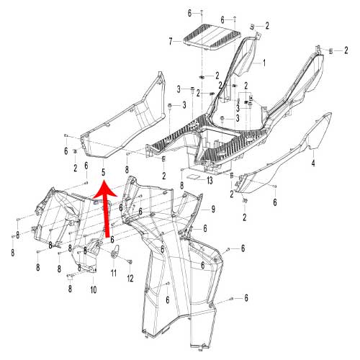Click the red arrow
coord(106,212)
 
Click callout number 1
coord(264,63)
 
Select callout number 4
coord(312,164)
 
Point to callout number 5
coord(103,172)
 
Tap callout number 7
coord(171,42)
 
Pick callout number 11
coord(113,273)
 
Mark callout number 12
coord(131,278)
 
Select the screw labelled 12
coord(130,261)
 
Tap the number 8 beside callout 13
coord(182,186)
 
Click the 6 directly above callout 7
coord(190,14)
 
